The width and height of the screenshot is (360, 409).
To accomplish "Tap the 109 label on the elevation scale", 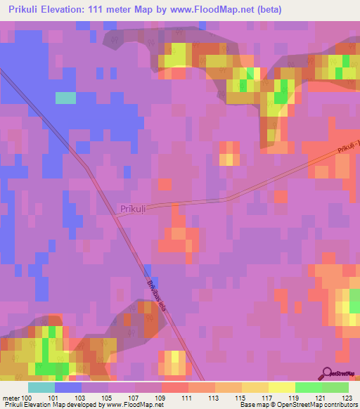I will pos(161,397).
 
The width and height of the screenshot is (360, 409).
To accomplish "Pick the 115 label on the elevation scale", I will pos(241,397).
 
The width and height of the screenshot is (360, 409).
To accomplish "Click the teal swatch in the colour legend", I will pos(41,387).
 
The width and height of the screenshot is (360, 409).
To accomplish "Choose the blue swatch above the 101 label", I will pos(68,387).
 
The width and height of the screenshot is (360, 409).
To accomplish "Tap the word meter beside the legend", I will pos(11,397).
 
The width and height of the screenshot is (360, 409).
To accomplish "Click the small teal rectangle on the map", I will pos(65,98).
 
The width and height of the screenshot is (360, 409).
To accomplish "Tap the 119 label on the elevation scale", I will pos(295,397).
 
